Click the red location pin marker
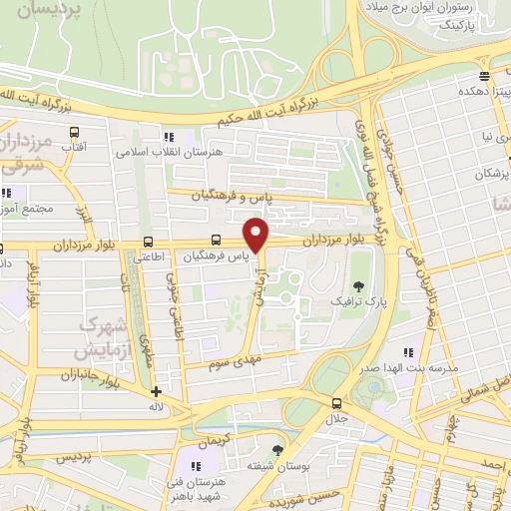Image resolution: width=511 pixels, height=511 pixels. click(x=257, y=235)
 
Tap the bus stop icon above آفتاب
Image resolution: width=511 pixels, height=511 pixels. click(x=75, y=131)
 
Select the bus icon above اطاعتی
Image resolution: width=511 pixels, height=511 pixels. click(x=149, y=241)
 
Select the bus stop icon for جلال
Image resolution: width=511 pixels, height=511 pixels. click(x=335, y=403)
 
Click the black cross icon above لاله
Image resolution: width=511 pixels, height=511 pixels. click(x=155, y=390)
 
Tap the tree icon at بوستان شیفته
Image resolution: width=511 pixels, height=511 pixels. click(x=277, y=451)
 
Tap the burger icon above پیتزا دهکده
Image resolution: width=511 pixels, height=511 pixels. click(x=484, y=77)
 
